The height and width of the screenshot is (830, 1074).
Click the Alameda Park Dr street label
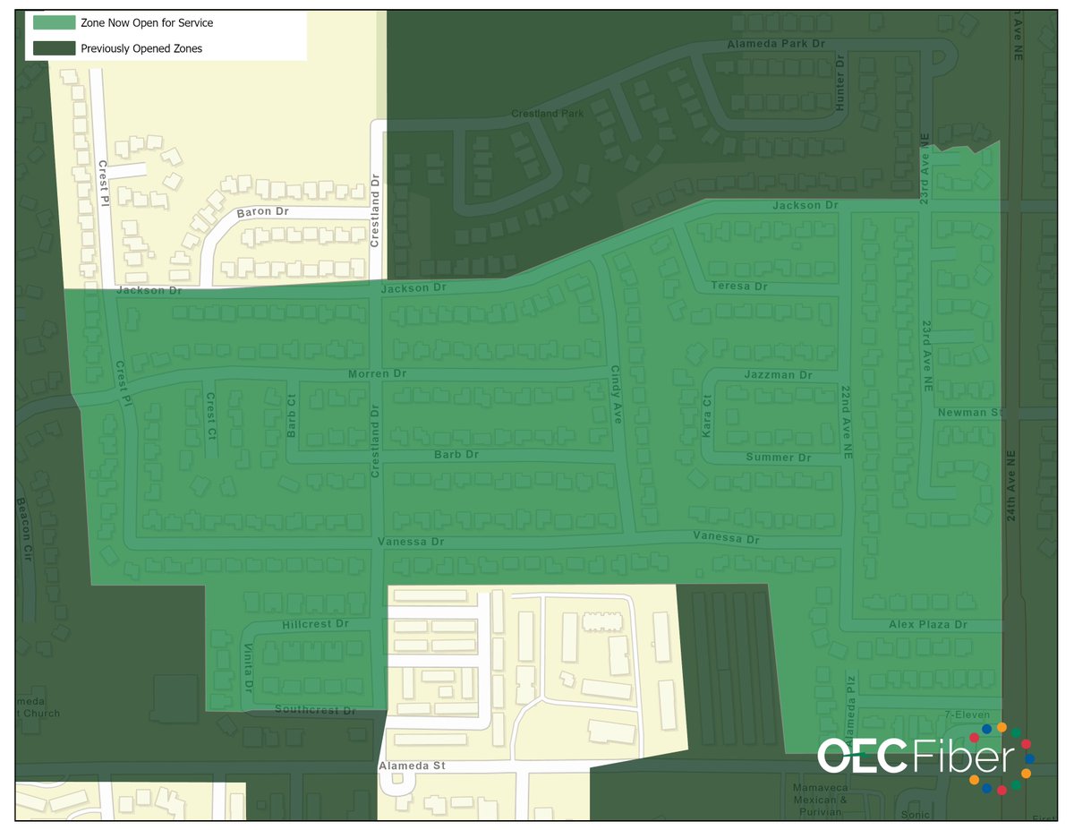(x=777, y=43)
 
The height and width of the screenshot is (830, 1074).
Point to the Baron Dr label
(x=262, y=213)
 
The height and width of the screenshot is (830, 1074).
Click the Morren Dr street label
(x=377, y=373)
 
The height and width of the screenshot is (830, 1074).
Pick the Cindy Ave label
(x=616, y=393)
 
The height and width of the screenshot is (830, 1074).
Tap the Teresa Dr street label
(x=739, y=287)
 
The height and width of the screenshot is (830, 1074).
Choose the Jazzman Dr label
(x=778, y=375)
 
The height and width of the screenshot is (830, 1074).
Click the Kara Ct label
(x=706, y=417)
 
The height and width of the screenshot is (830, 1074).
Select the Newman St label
(x=972, y=413)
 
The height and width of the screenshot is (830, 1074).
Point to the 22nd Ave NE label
(x=845, y=423)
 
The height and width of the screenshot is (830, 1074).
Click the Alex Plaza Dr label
(x=928, y=624)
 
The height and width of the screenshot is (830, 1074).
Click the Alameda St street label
(x=412, y=767)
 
